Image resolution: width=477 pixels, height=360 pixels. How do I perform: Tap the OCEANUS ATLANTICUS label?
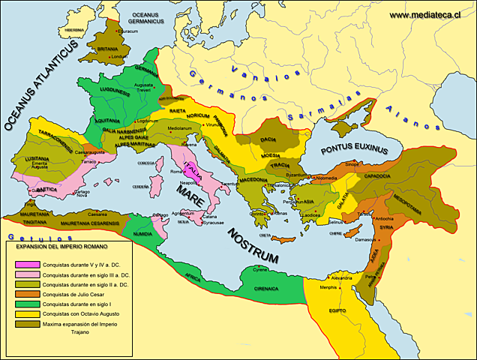[41, 86]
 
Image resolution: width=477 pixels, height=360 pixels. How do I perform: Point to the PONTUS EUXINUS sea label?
[355, 150]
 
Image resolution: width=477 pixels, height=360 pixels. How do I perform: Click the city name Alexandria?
[341, 277]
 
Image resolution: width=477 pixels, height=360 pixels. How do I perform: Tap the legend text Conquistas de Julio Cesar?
[82, 295]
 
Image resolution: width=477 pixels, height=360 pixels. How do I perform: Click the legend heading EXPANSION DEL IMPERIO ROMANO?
[63, 246]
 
